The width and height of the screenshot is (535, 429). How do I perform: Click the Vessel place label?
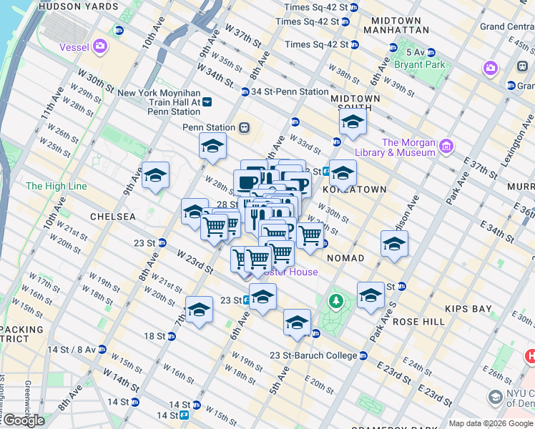click(74, 47)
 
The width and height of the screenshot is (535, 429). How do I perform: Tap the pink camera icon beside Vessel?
click(99, 47)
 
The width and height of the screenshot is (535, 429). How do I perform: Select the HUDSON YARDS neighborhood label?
click(79, 6)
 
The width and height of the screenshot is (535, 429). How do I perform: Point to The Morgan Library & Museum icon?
click(447, 147)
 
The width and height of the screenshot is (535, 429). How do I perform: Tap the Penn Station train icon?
click(244, 127)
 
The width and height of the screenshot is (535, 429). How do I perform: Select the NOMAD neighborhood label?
click(345, 257)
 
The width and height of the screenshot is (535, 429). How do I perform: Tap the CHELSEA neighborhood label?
click(112, 216)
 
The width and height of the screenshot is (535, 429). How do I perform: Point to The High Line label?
click(56, 186)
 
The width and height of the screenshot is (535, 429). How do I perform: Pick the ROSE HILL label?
click(420, 322)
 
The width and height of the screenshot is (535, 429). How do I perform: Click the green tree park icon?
click(335, 302)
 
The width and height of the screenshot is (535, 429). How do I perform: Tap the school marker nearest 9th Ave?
click(155, 176)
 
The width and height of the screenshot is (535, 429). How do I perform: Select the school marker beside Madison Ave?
click(394, 244)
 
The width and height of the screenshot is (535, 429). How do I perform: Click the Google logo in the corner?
click(24, 420)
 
